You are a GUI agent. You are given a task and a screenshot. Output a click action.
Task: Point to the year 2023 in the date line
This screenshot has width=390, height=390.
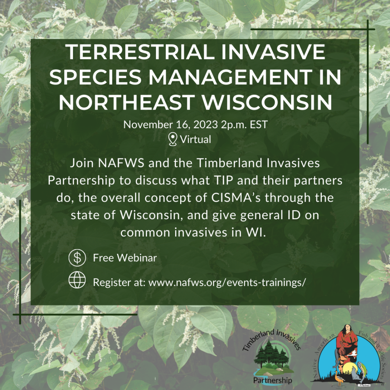[x=206, y=124]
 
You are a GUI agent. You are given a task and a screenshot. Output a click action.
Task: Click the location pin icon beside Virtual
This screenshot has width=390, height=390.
[x=173, y=139]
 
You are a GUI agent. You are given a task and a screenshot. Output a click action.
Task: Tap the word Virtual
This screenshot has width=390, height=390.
[x=195, y=139]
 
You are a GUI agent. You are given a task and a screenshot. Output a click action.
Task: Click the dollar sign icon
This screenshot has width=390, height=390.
[x=77, y=258]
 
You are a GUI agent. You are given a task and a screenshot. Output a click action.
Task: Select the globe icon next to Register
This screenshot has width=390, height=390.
[x=77, y=280]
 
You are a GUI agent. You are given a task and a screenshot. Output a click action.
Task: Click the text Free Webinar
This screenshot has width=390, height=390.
[x=125, y=258]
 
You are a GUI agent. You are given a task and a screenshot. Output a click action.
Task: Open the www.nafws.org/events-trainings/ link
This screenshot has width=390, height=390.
[x=227, y=282]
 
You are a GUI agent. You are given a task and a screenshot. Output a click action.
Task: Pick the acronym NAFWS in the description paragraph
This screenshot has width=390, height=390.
[x=121, y=163]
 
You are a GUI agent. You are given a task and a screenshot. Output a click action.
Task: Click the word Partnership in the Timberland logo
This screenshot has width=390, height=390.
[x=273, y=380]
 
